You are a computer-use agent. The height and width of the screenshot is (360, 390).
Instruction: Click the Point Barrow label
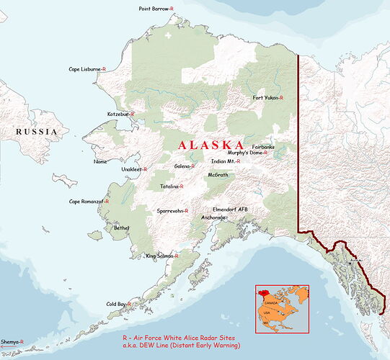pos(156,8)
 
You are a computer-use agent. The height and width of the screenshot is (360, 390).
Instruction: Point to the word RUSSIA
pos(37,132)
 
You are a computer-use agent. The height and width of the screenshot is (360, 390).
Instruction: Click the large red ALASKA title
pos(211,144)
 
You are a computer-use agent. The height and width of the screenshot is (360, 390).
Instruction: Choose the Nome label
pos(100,161)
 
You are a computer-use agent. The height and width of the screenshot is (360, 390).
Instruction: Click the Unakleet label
pos(134,169)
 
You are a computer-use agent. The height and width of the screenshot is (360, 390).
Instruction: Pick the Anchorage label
pos(213,217)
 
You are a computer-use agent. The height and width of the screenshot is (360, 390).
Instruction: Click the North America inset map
pos(282,307)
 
